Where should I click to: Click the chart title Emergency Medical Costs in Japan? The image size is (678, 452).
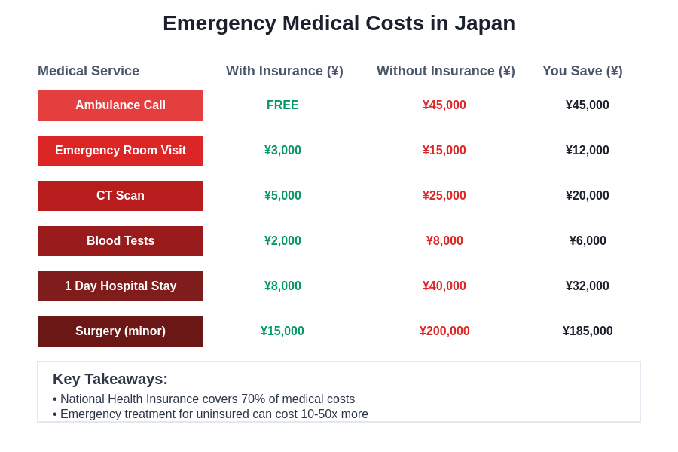click(x=339, y=23)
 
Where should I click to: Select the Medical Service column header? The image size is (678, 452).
click(x=88, y=71)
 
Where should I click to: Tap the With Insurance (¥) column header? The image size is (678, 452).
click(x=284, y=71)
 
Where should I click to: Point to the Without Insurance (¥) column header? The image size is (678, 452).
click(x=445, y=71)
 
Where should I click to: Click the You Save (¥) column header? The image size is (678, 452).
click(x=582, y=71)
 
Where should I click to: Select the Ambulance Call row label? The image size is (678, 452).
click(x=121, y=105)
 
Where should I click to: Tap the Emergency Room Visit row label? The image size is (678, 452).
click(x=121, y=151)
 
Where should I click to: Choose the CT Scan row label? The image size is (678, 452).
click(x=121, y=196)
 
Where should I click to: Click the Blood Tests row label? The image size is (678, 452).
click(x=121, y=241)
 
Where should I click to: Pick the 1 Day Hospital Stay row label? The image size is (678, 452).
click(x=121, y=286)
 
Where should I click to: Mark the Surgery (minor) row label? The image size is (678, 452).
click(x=121, y=331)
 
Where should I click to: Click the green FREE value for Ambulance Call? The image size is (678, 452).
click(x=282, y=105)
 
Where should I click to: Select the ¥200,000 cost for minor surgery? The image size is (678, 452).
click(x=444, y=331)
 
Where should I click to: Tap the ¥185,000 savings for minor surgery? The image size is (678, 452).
click(x=588, y=331)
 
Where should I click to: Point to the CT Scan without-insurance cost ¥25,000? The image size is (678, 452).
click(x=444, y=196)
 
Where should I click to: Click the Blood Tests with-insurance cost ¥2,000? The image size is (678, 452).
click(x=282, y=241)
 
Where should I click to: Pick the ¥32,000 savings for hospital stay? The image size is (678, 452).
click(x=588, y=286)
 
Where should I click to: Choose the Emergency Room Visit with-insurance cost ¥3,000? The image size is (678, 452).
click(x=282, y=151)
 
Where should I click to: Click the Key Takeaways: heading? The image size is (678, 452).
click(x=110, y=379)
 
